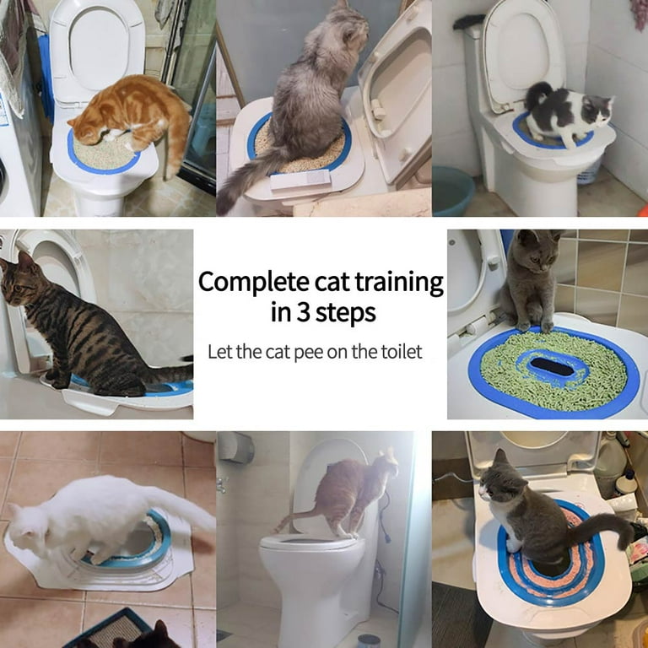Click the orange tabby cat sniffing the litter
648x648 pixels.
click(127, 114)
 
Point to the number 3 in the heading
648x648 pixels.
click(301, 313)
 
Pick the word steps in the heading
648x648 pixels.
click(346, 314)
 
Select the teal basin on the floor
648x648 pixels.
click(452, 190)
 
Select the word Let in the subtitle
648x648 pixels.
click(219, 351)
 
